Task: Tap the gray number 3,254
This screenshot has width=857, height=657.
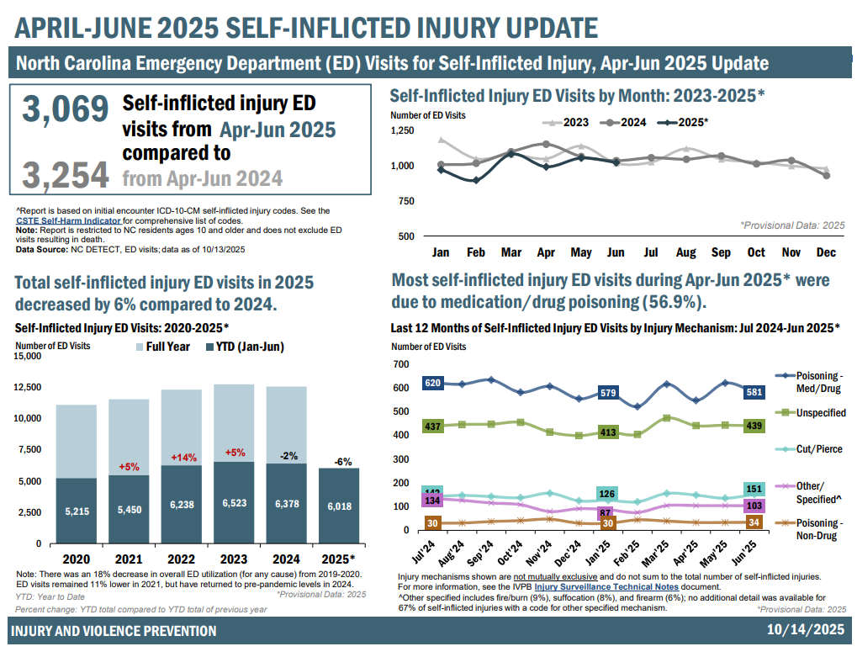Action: tap(66, 175)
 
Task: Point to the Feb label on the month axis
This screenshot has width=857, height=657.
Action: tap(475, 252)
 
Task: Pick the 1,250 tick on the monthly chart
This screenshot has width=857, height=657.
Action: tap(402, 131)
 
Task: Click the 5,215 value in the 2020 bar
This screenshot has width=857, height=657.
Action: tap(76, 511)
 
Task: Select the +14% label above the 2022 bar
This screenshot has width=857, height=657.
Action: tap(183, 458)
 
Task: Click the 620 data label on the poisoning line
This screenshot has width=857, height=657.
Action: tap(433, 384)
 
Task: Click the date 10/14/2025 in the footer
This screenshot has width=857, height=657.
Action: tap(805, 630)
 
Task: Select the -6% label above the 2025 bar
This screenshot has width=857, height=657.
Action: tap(340, 462)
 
